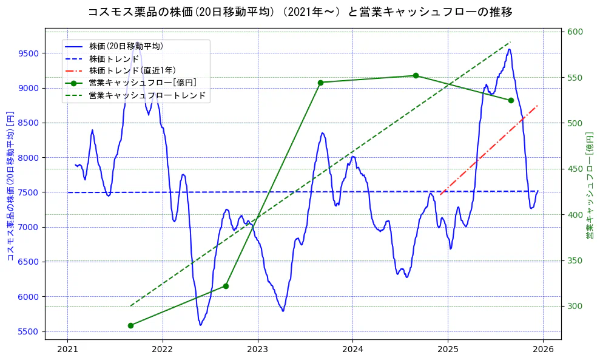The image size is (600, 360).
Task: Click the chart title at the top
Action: pos(300,12)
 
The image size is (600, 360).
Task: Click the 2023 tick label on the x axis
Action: pos(257,350)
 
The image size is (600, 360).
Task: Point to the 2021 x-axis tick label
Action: pos(67,350)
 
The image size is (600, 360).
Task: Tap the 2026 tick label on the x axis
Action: pos(543,350)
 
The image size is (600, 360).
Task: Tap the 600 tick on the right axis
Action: pos(574,32)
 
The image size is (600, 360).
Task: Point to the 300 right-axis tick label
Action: pos(574,307)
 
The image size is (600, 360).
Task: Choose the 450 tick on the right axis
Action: pos(574,169)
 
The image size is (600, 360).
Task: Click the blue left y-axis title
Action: pos(10,186)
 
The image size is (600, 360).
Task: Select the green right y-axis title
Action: pos(588,186)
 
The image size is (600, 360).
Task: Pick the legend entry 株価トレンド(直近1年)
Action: pos(130,70)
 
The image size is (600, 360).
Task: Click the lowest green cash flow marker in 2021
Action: pos(130,325)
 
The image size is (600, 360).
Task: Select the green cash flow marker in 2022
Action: pos(226,286)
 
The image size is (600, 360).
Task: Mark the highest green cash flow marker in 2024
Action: pos(416,76)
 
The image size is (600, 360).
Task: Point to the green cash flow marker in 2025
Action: pos(511,100)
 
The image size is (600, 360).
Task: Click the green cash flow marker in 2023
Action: pos(320,83)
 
